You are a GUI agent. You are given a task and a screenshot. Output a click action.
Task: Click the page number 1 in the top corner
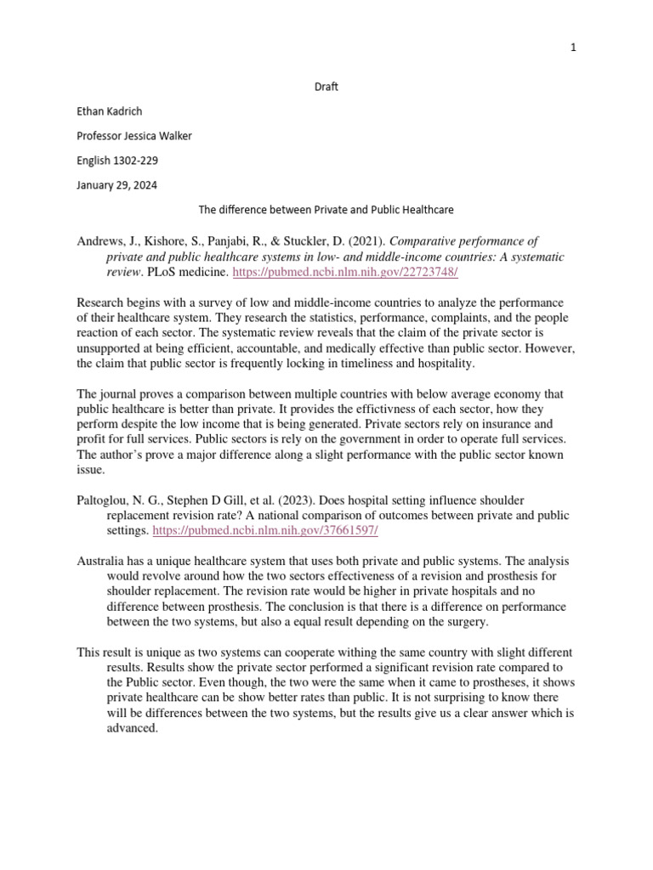(x=573, y=48)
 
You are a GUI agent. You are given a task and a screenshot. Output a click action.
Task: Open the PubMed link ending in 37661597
(x=264, y=530)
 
